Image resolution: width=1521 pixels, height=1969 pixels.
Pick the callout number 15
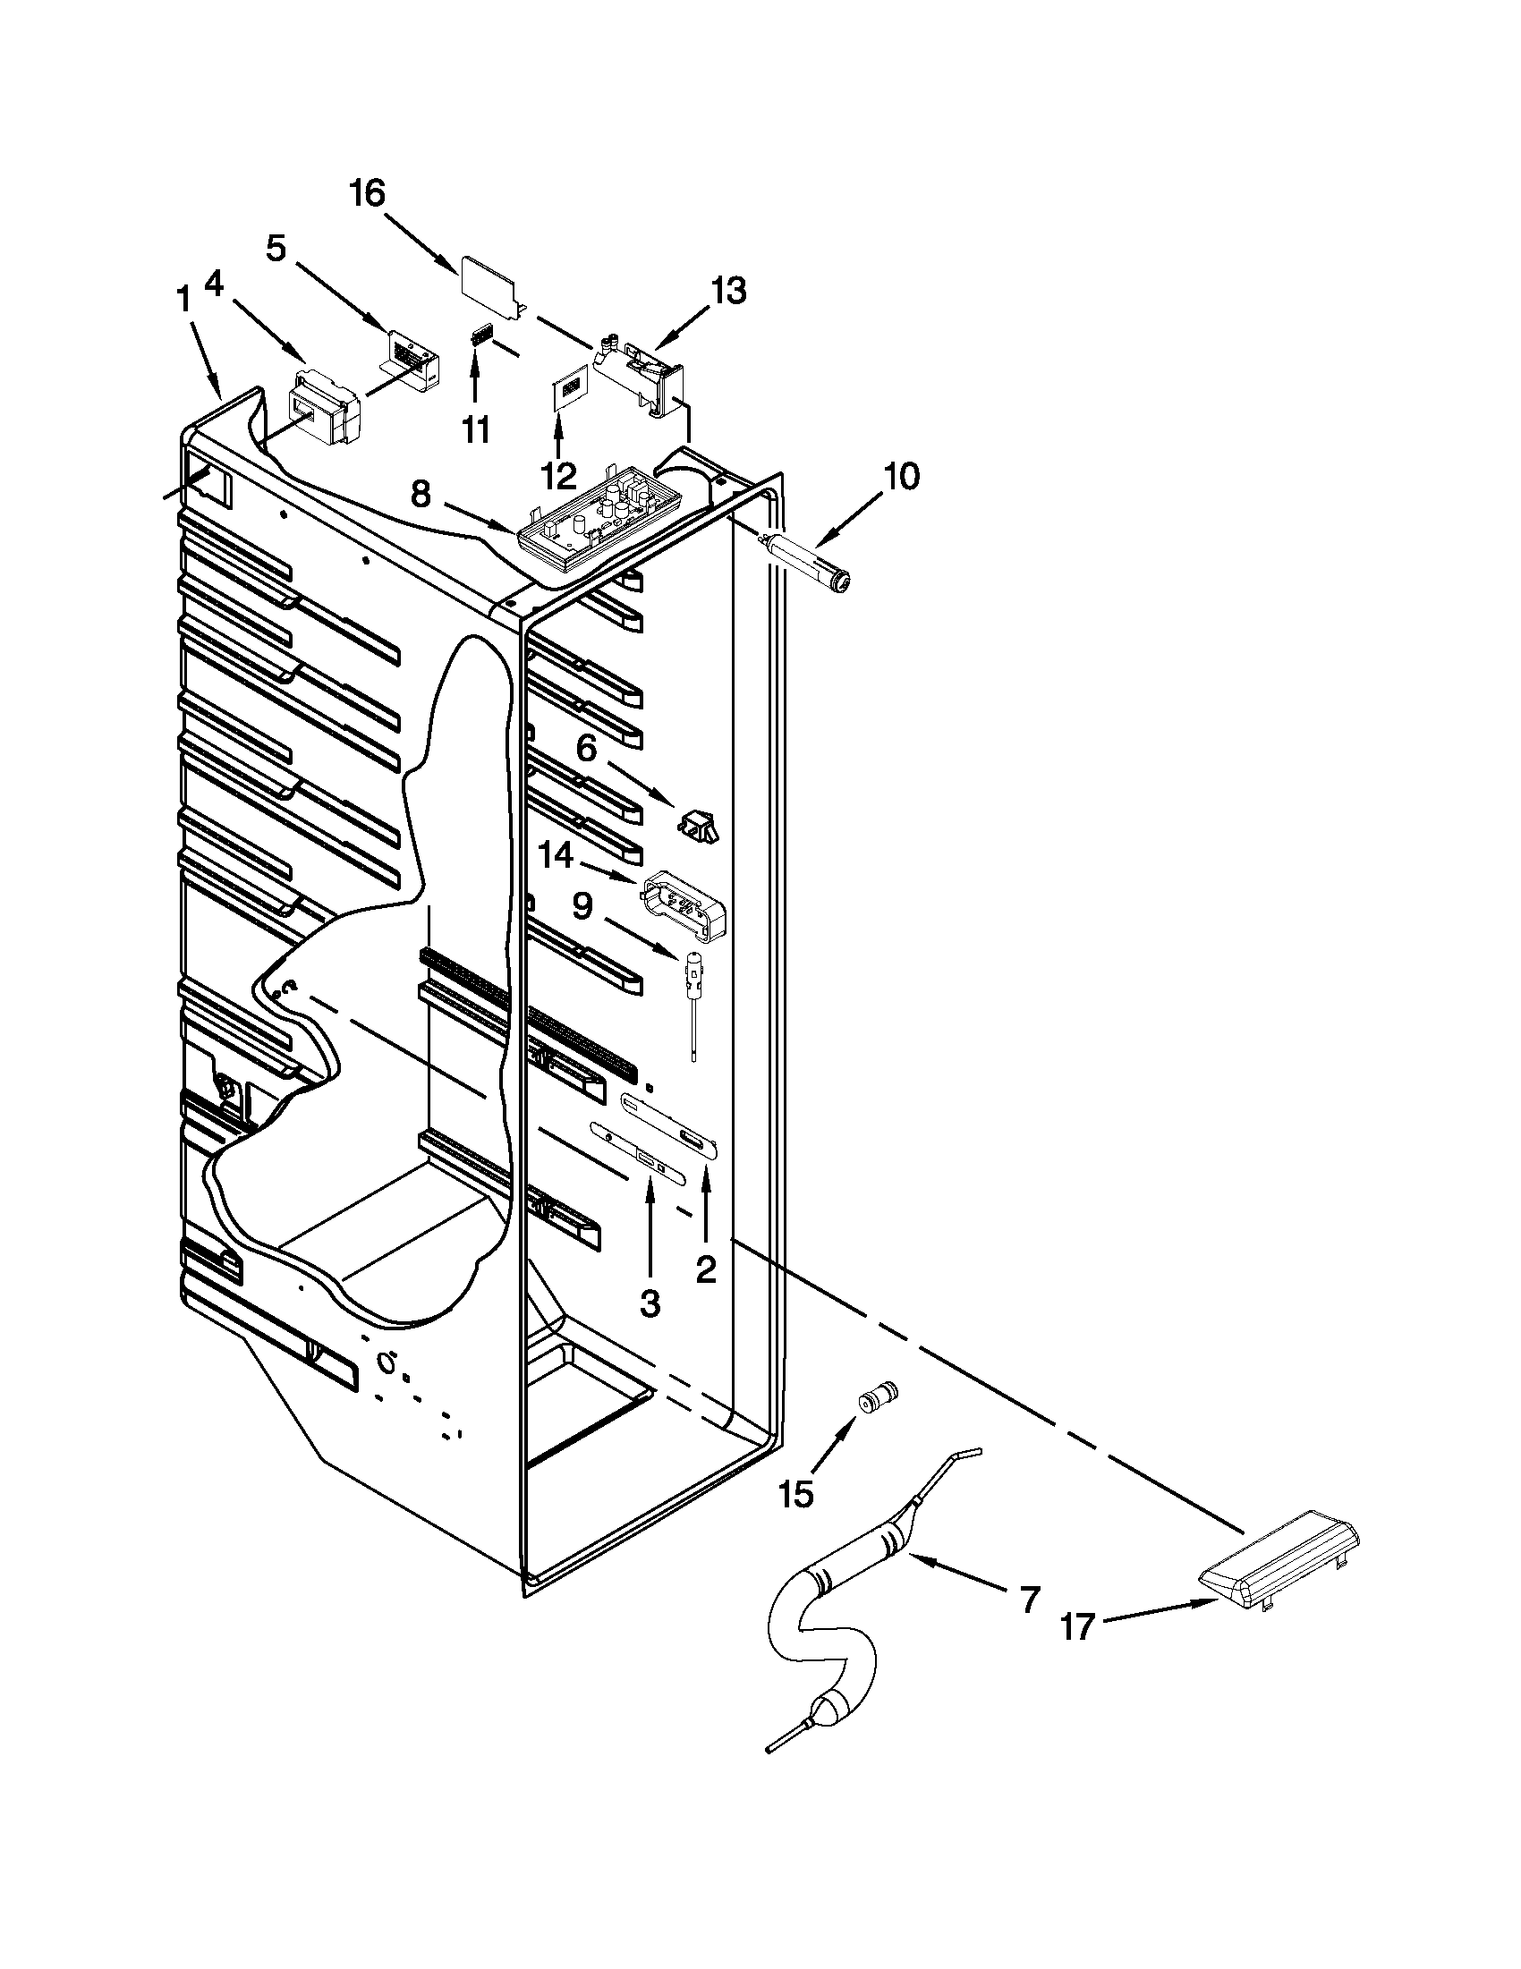[x=796, y=1495]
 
